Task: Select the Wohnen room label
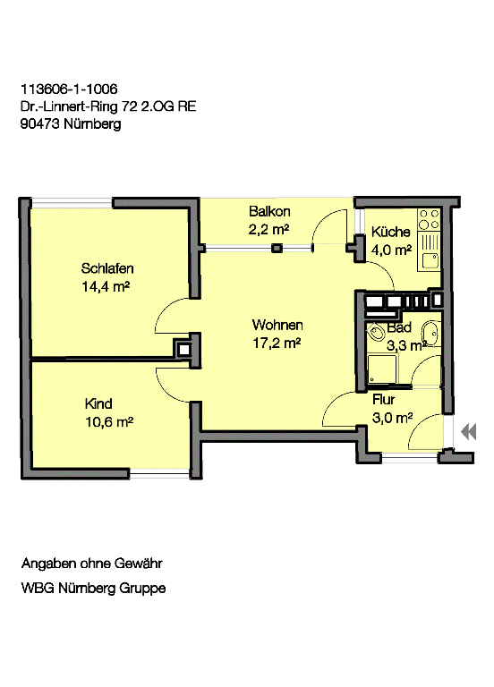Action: [x=277, y=325]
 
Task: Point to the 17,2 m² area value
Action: [x=277, y=343]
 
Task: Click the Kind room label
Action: [x=98, y=403]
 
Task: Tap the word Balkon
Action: [x=269, y=212]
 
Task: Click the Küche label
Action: [x=390, y=232]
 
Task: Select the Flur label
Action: [x=383, y=400]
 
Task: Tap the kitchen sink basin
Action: [x=431, y=260]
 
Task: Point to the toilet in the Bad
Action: [x=377, y=334]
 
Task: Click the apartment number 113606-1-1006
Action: [x=68, y=89]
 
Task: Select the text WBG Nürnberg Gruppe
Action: [x=93, y=589]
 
